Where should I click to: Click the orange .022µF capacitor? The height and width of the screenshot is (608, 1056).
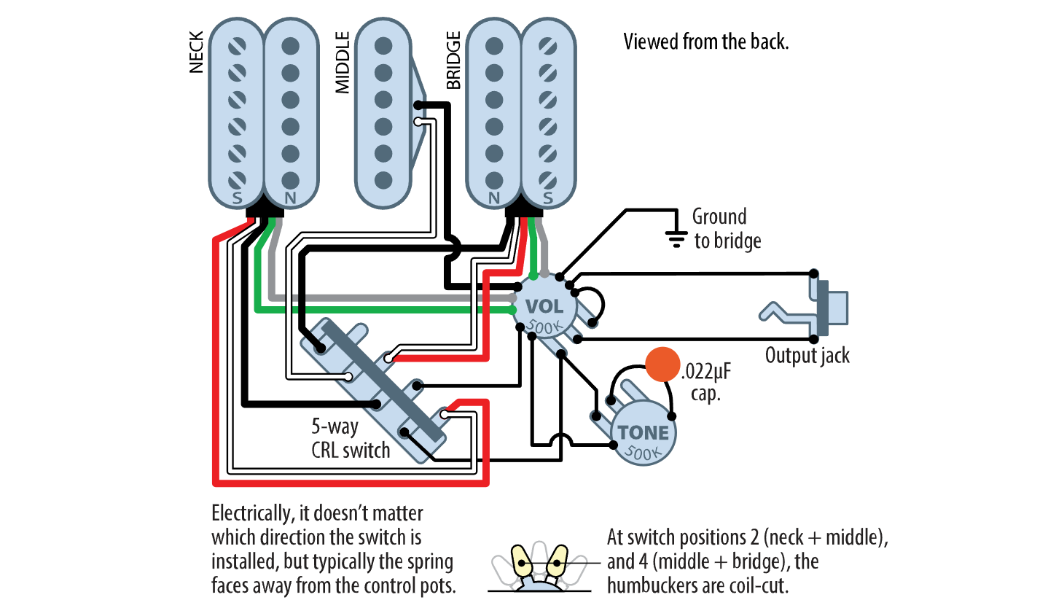click(662, 365)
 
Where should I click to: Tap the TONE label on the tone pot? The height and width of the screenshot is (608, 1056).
click(643, 432)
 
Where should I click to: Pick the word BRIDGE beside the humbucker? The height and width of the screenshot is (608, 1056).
click(453, 60)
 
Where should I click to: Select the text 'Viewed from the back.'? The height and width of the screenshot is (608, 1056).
click(706, 42)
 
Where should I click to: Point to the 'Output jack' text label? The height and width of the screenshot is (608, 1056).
click(807, 356)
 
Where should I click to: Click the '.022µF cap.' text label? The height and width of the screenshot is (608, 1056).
click(705, 382)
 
